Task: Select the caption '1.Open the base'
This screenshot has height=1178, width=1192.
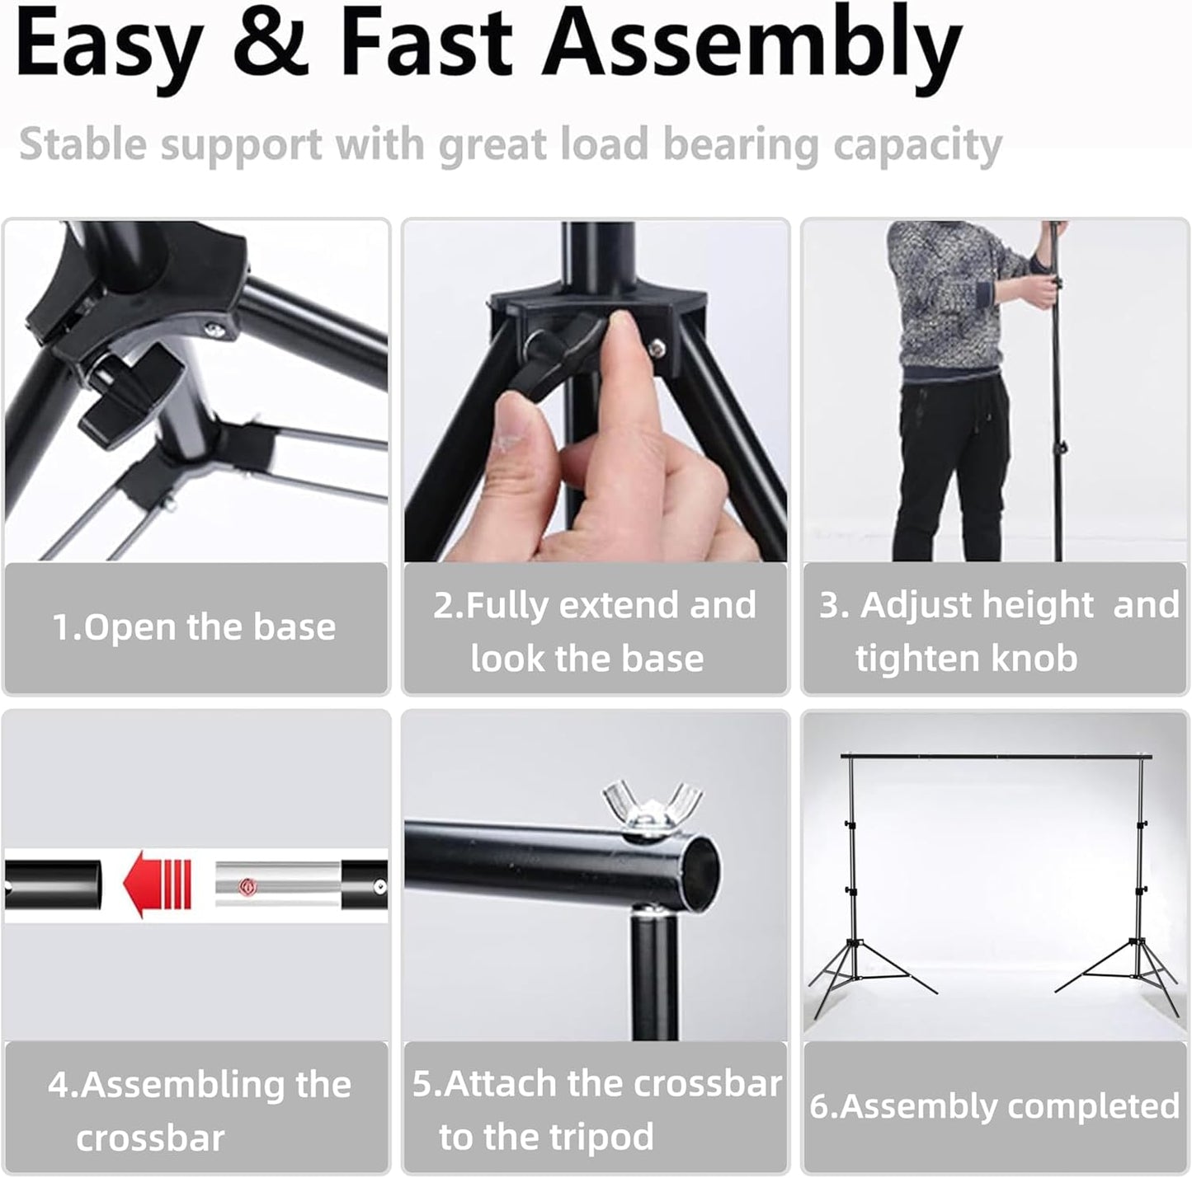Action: [195, 627]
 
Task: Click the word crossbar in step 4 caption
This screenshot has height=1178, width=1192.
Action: [150, 1138]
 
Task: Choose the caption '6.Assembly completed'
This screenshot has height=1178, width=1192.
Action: [994, 1106]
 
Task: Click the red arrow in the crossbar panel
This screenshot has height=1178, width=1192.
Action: [157, 884]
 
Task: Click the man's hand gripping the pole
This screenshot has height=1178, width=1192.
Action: [1049, 284]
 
